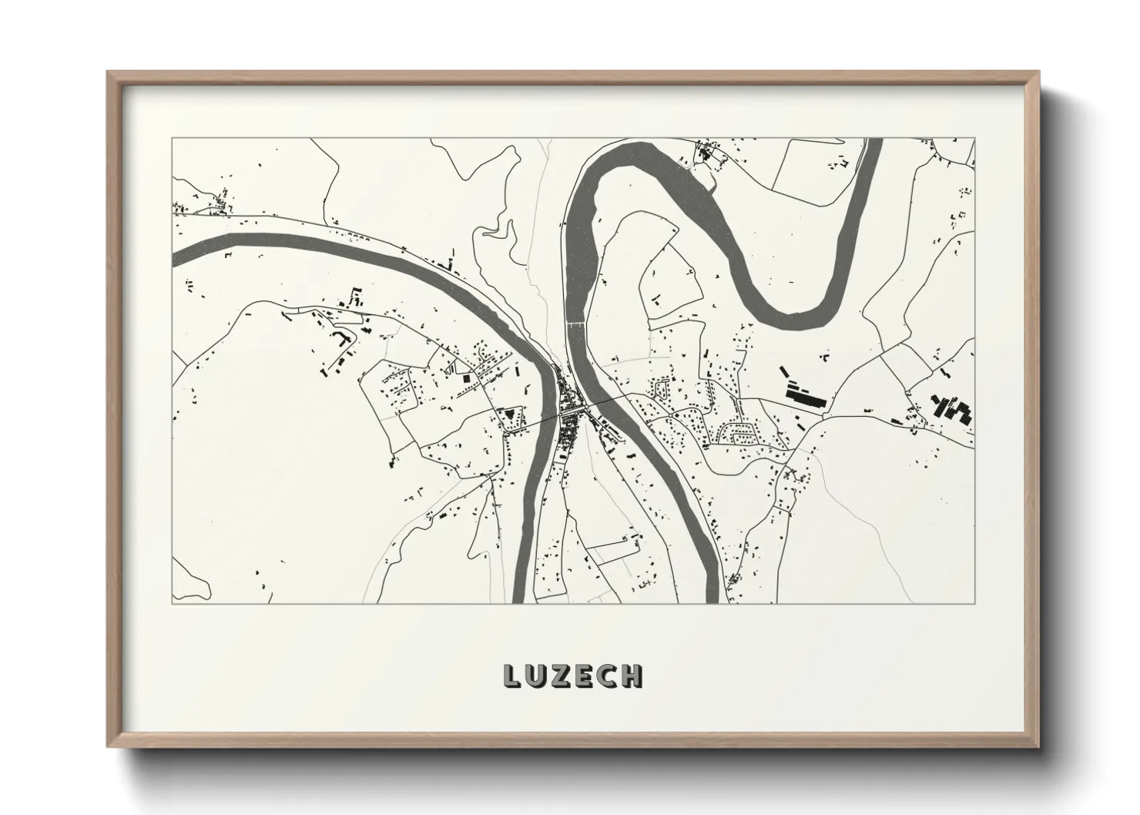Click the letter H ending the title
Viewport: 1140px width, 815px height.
click(x=632, y=676)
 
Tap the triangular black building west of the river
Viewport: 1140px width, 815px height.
click(x=508, y=417)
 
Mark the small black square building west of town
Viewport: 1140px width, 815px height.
click(x=466, y=378)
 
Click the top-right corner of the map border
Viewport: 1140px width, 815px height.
click(x=975, y=139)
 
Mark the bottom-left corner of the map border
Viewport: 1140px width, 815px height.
click(x=172, y=603)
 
